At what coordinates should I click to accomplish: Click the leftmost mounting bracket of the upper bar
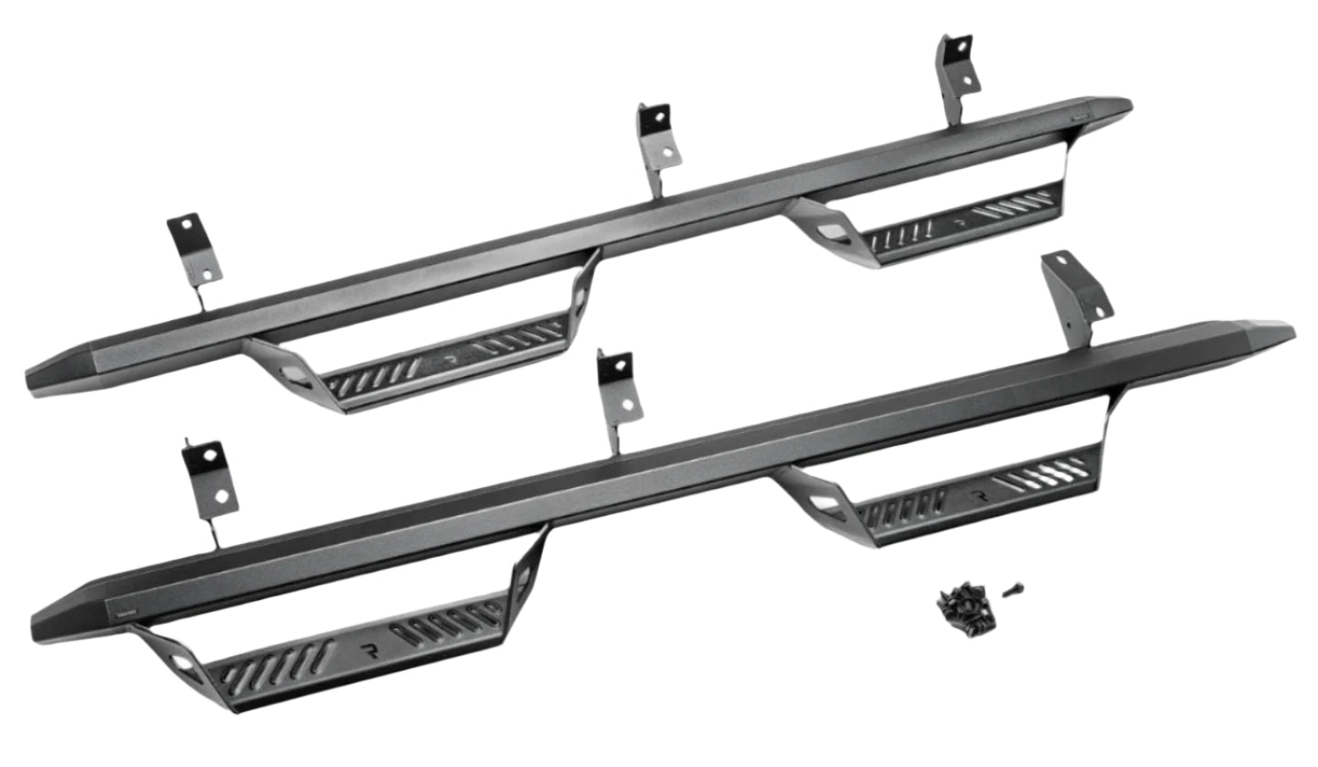[194, 252]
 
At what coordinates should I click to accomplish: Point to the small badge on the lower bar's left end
[119, 606]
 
